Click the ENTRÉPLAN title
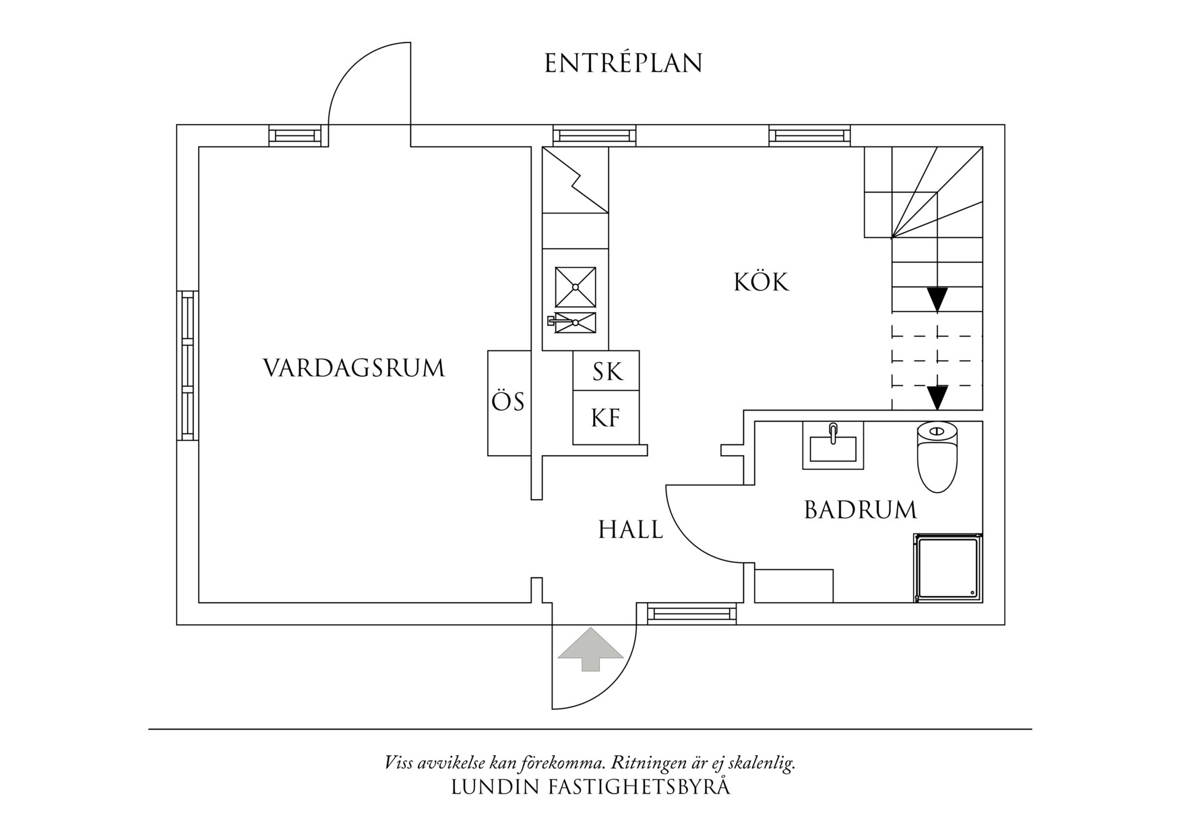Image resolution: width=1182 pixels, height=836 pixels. coord(623,63)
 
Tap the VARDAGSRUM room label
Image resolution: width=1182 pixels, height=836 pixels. coord(354,369)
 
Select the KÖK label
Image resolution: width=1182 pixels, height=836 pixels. coord(761,282)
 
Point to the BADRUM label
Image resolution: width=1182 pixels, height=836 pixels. coord(861,510)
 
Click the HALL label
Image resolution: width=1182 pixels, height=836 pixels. coord(631,530)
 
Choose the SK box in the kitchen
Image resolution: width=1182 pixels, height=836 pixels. coord(606,371)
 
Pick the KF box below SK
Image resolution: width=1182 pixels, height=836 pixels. coord(606,418)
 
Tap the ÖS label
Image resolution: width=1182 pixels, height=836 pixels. coord(508,402)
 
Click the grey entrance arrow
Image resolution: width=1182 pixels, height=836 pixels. coord(590,649)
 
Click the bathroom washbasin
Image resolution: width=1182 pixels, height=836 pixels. coord(833,445)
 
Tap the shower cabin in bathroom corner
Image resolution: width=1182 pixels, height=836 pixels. coord(947,568)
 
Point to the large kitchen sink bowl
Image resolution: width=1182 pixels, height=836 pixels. coord(576,287)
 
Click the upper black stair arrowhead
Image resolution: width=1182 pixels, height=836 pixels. coord(937,299)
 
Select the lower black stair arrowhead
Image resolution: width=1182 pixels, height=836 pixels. coord(937,396)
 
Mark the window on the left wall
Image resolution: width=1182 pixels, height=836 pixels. coord(187,365)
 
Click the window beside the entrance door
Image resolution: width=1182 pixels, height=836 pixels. coord(692,614)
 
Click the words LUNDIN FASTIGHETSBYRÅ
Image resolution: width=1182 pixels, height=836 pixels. coord(590,787)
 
